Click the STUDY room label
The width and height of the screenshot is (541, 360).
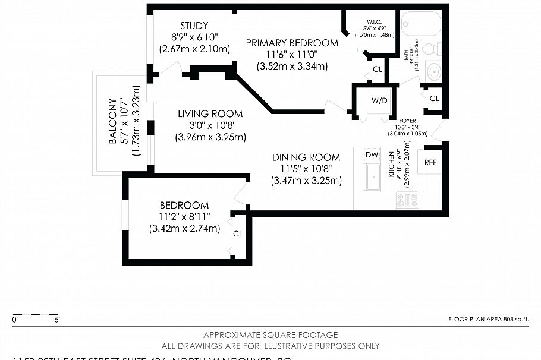[x=194, y=26]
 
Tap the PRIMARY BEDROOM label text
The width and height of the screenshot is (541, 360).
[x=292, y=43]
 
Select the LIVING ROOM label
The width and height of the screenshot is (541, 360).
[x=210, y=113]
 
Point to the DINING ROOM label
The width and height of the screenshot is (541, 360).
[x=306, y=157]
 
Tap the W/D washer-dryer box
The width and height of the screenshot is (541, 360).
[x=379, y=100]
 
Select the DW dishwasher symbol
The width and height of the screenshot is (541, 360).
[x=372, y=155]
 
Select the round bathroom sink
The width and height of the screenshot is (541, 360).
[x=434, y=72]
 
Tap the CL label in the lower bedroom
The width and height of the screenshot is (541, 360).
[x=238, y=233]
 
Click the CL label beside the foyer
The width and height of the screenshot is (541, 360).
[x=434, y=98]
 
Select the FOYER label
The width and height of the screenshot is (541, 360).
[x=407, y=120]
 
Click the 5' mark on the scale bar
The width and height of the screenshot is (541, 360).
[x=58, y=320]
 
